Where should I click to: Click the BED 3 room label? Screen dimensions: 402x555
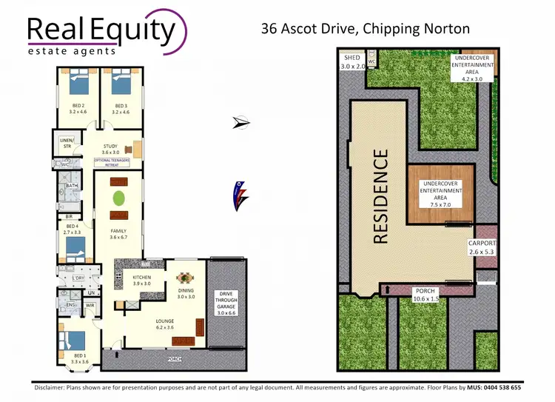click(x=122, y=109)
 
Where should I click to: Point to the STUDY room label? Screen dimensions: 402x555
click(x=110, y=149)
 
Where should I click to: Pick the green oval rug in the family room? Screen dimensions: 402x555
click(x=118, y=198)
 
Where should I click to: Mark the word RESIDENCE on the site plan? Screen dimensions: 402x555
click(x=380, y=196)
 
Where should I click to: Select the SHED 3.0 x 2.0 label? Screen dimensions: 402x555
click(x=353, y=61)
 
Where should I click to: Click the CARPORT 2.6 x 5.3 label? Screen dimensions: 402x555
click(x=482, y=247)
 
